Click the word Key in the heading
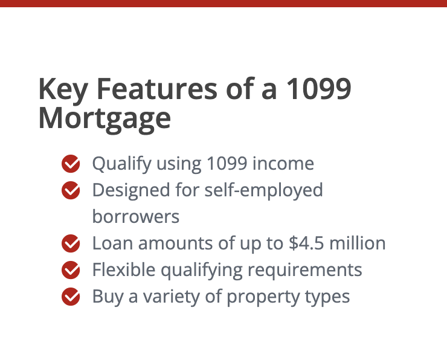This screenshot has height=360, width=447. (63, 90)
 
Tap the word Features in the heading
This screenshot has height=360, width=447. (157, 89)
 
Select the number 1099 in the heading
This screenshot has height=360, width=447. (318, 89)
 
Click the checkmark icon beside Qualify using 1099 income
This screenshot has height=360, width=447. (71, 164)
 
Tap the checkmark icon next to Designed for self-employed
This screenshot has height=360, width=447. (71, 190)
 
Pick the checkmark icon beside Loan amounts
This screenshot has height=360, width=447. (71, 243)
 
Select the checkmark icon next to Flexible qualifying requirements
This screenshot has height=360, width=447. (71, 270)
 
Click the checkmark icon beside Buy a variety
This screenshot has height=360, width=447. (71, 297)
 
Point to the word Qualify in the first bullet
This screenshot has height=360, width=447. (122, 164)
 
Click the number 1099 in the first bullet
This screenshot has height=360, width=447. (227, 164)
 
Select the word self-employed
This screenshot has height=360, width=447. (264, 191)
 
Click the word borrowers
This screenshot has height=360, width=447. (136, 216)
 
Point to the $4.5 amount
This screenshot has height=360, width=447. (306, 243)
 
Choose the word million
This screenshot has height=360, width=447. (358, 243)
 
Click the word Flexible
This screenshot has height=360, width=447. (124, 269)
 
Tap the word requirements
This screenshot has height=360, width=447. (305, 271)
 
